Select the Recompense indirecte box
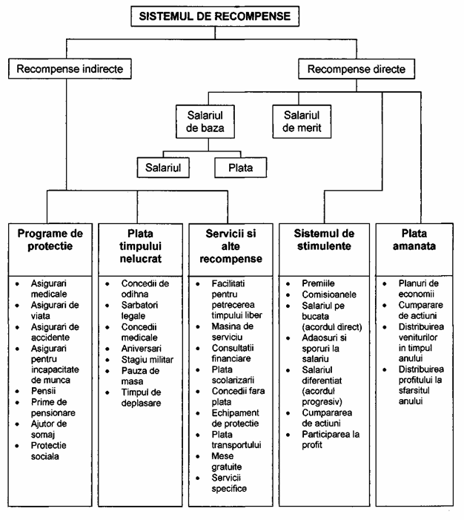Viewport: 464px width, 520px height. click(x=70, y=70)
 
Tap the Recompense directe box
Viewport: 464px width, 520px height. click(x=355, y=70)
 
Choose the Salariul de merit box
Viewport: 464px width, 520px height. click(x=300, y=122)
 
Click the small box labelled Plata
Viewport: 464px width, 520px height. click(x=240, y=168)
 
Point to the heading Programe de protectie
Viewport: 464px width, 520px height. click(x=51, y=240)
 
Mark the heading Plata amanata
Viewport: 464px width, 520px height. click(x=416, y=240)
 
